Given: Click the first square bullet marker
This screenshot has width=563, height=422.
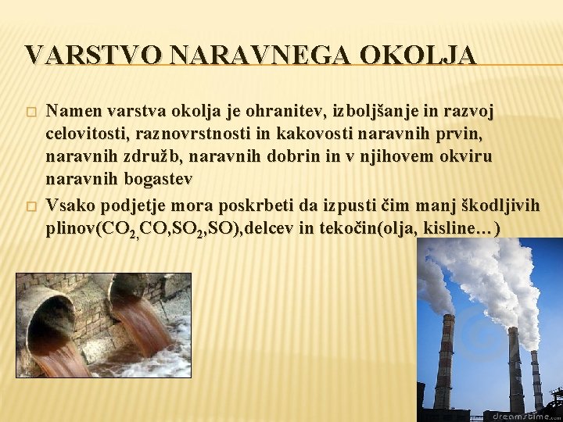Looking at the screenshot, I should [x=30, y=112].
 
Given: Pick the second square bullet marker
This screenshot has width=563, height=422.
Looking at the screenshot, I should [x=30, y=206].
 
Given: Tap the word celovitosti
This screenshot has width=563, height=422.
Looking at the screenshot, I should [x=83, y=134].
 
